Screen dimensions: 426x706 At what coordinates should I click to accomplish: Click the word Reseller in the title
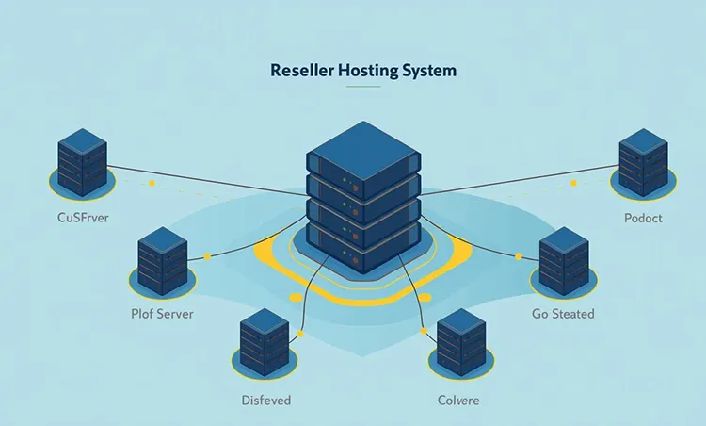299,70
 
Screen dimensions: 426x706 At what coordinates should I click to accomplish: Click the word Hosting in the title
361,70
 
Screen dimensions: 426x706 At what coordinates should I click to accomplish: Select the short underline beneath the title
362,88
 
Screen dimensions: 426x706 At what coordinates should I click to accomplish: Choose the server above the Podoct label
644,164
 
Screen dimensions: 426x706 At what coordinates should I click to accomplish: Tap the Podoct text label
643,219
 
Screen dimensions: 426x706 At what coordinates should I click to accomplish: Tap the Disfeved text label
265,401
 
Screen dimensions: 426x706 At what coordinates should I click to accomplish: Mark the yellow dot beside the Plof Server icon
207,256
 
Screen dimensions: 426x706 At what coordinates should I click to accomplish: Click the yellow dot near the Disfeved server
299,333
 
